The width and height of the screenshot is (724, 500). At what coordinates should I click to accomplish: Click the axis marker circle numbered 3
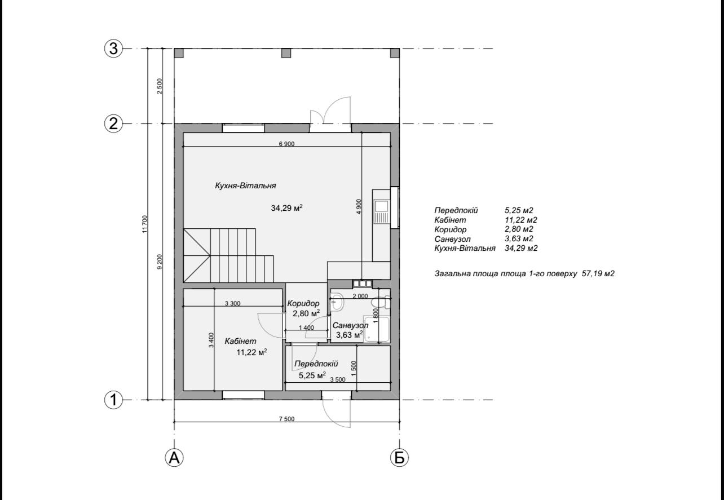point(113,49)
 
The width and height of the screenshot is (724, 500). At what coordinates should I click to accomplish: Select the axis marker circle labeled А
point(174,458)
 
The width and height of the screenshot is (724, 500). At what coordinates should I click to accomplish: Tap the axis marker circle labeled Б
point(399,458)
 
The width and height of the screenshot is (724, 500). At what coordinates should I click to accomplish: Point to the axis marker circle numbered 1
point(113,400)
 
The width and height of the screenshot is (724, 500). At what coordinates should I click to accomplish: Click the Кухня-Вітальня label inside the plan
point(245,185)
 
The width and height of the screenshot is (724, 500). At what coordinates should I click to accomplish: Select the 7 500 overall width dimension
point(286,419)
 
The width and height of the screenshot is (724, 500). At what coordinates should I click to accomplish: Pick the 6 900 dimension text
point(286,144)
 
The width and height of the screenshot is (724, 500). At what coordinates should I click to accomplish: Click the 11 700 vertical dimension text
point(144,224)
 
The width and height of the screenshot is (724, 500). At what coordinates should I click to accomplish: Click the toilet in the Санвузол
point(381,303)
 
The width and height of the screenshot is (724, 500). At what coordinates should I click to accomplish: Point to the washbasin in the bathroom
point(337,301)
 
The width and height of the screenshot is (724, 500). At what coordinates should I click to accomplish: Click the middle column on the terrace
point(286,53)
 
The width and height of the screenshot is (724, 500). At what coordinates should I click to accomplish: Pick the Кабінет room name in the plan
point(240,341)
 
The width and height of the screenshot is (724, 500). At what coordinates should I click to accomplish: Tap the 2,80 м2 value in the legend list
point(519,229)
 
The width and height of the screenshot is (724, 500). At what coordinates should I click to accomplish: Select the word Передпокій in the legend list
point(456,210)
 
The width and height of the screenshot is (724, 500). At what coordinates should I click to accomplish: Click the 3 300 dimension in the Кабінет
point(233,303)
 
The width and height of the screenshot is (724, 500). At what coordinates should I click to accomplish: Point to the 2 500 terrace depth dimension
point(160,86)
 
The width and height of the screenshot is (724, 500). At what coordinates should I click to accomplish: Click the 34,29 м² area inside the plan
point(286,208)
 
